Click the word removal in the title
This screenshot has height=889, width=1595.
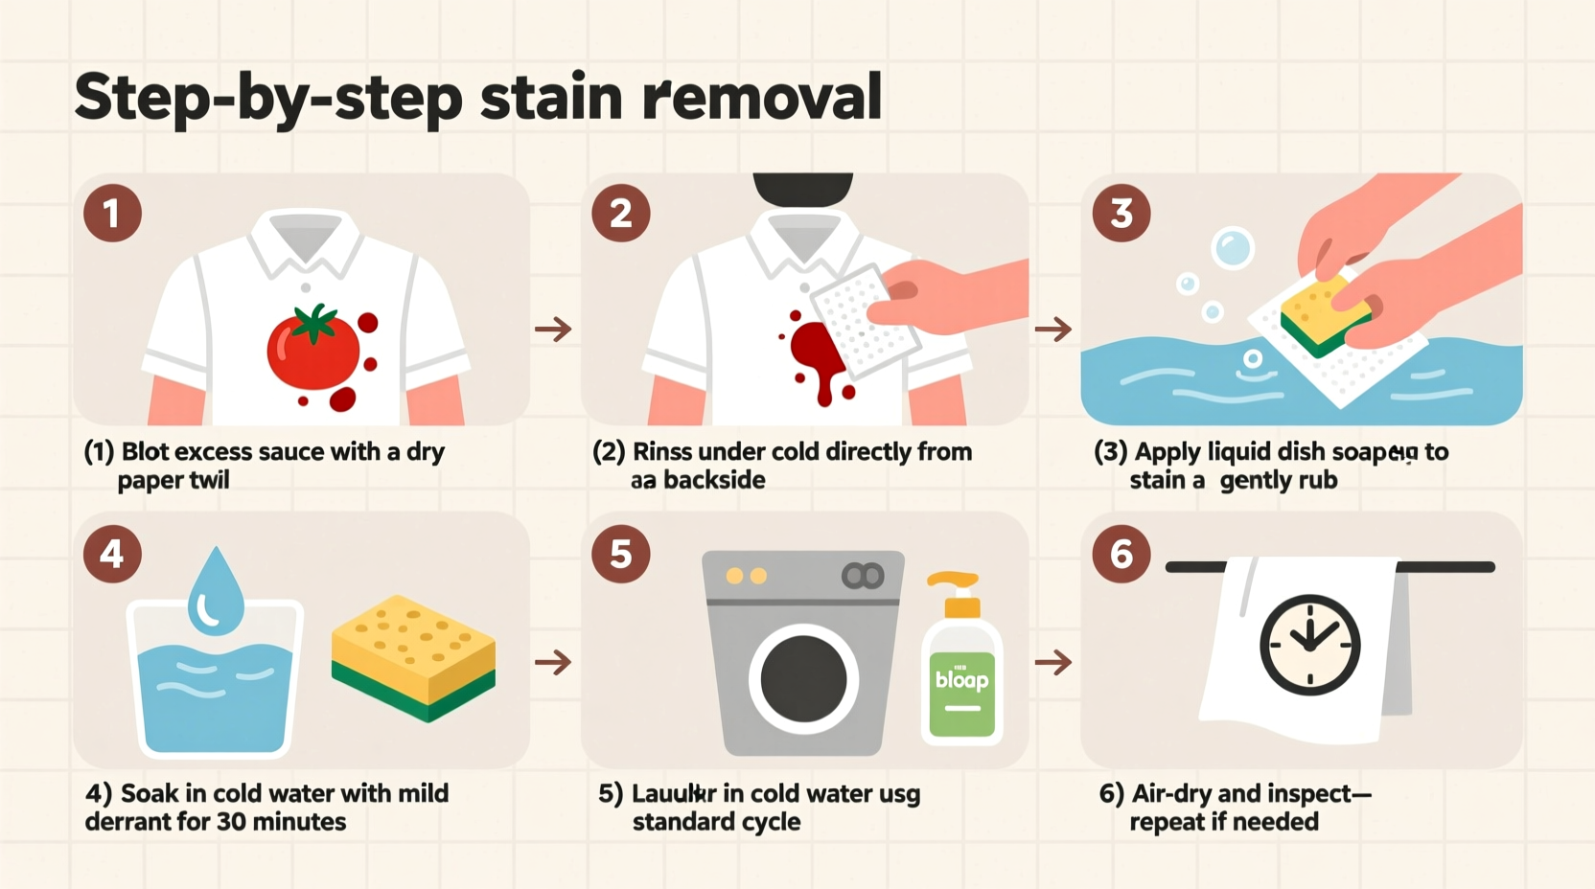coord(762,97)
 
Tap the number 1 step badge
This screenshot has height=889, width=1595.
coord(112,213)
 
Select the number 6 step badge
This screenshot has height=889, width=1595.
coord(1121,554)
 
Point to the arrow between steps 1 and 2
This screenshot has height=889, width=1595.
coord(553,331)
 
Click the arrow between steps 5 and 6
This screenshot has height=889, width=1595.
coord(1053,662)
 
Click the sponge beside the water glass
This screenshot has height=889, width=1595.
coord(413,656)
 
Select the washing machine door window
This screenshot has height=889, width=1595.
coord(803,679)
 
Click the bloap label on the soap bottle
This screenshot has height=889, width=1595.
coord(961,679)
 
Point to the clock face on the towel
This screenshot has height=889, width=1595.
coord(1309,645)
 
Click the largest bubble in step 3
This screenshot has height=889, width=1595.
coord(1233,248)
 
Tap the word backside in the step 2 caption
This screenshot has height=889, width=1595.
coord(714,480)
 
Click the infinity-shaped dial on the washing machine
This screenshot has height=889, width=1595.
coord(863,576)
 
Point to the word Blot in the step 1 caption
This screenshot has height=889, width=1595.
coord(145,451)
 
